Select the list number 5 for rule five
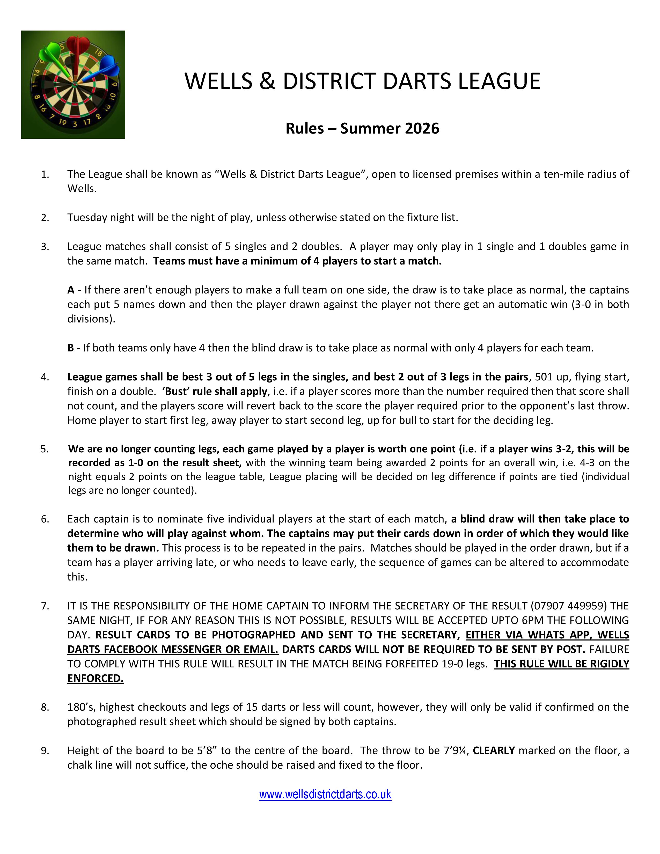[x=44, y=449]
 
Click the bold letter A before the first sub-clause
[x=71, y=290]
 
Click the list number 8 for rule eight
[x=44, y=707]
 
